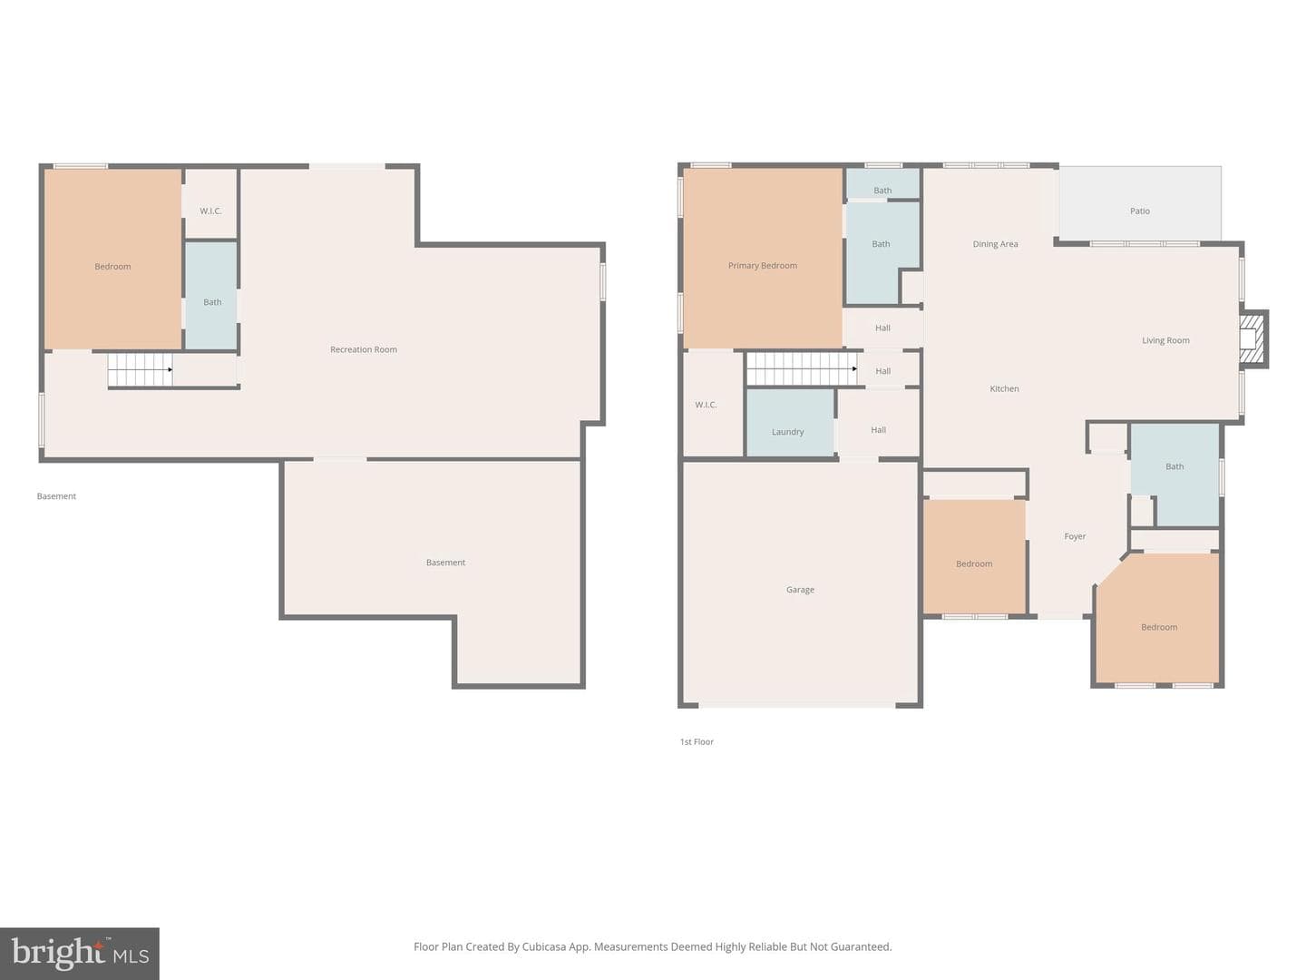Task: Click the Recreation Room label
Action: [363, 349]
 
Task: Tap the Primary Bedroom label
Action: [762, 265]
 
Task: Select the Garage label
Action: [800, 590]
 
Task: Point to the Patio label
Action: [1139, 211]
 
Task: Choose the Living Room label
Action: [1165, 340]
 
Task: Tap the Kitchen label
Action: [1004, 388]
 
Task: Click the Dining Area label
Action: [995, 244]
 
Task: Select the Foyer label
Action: [1075, 536]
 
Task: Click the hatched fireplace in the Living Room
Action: [1252, 338]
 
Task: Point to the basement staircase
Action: [141, 369]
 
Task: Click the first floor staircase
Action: [802, 369]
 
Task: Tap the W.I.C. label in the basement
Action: [210, 211]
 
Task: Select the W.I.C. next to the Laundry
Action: [706, 405]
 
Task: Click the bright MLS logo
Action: [80, 953]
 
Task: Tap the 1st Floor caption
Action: [697, 741]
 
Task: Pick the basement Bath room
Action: [211, 295]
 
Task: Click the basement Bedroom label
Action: [112, 266]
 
